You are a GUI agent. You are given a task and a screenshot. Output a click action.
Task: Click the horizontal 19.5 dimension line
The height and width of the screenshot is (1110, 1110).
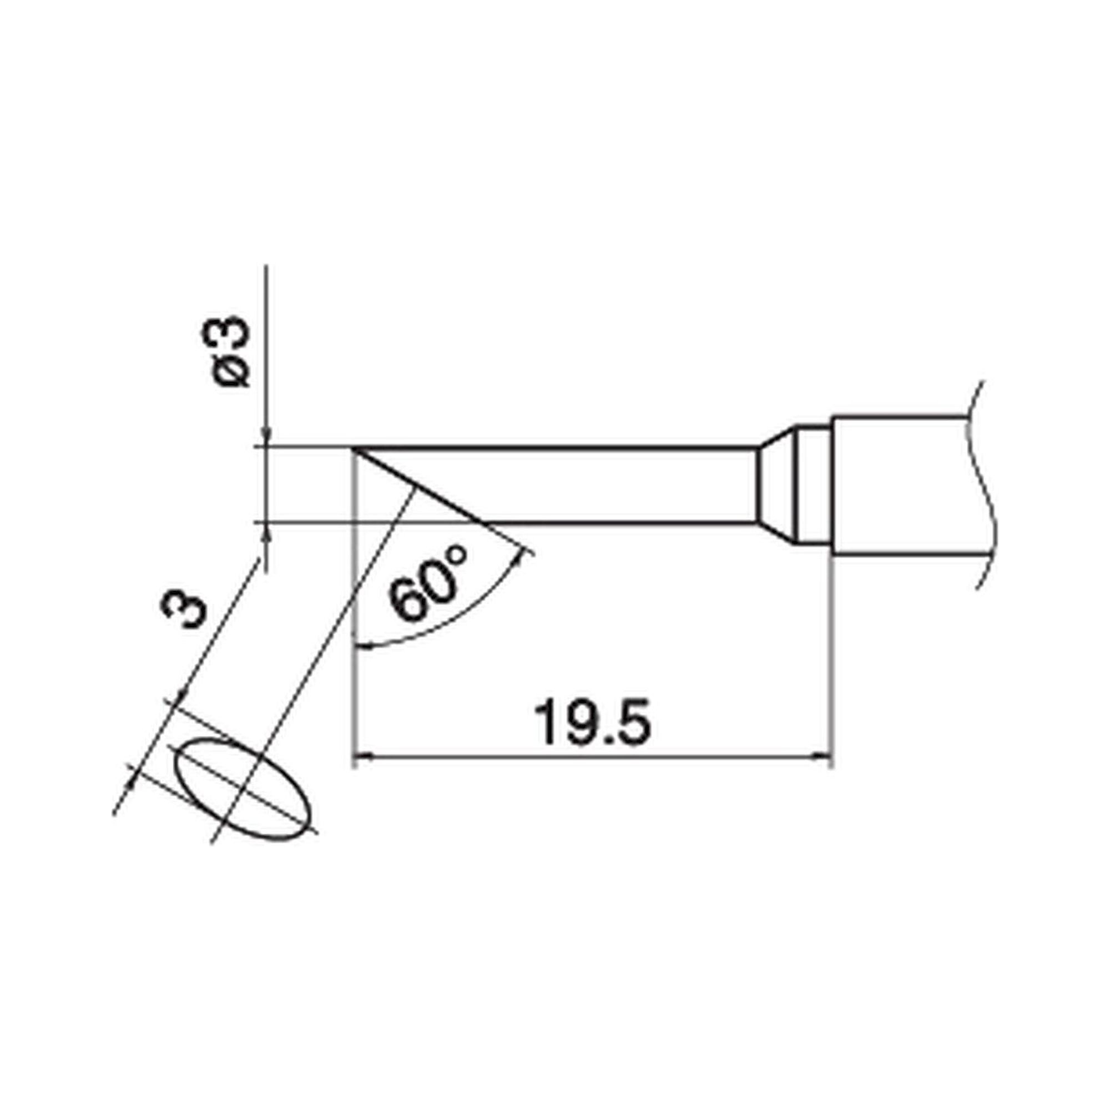[592, 757]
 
